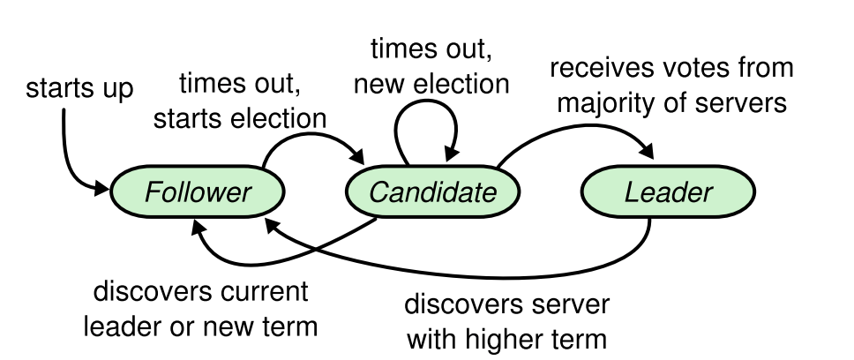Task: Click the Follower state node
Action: tap(197, 192)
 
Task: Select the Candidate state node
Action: tap(432, 192)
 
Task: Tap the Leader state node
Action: tap(668, 192)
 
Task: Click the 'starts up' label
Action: tap(79, 88)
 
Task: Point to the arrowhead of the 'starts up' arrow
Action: tap(103, 188)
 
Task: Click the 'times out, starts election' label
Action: tap(240, 102)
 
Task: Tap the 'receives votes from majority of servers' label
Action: tap(670, 85)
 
